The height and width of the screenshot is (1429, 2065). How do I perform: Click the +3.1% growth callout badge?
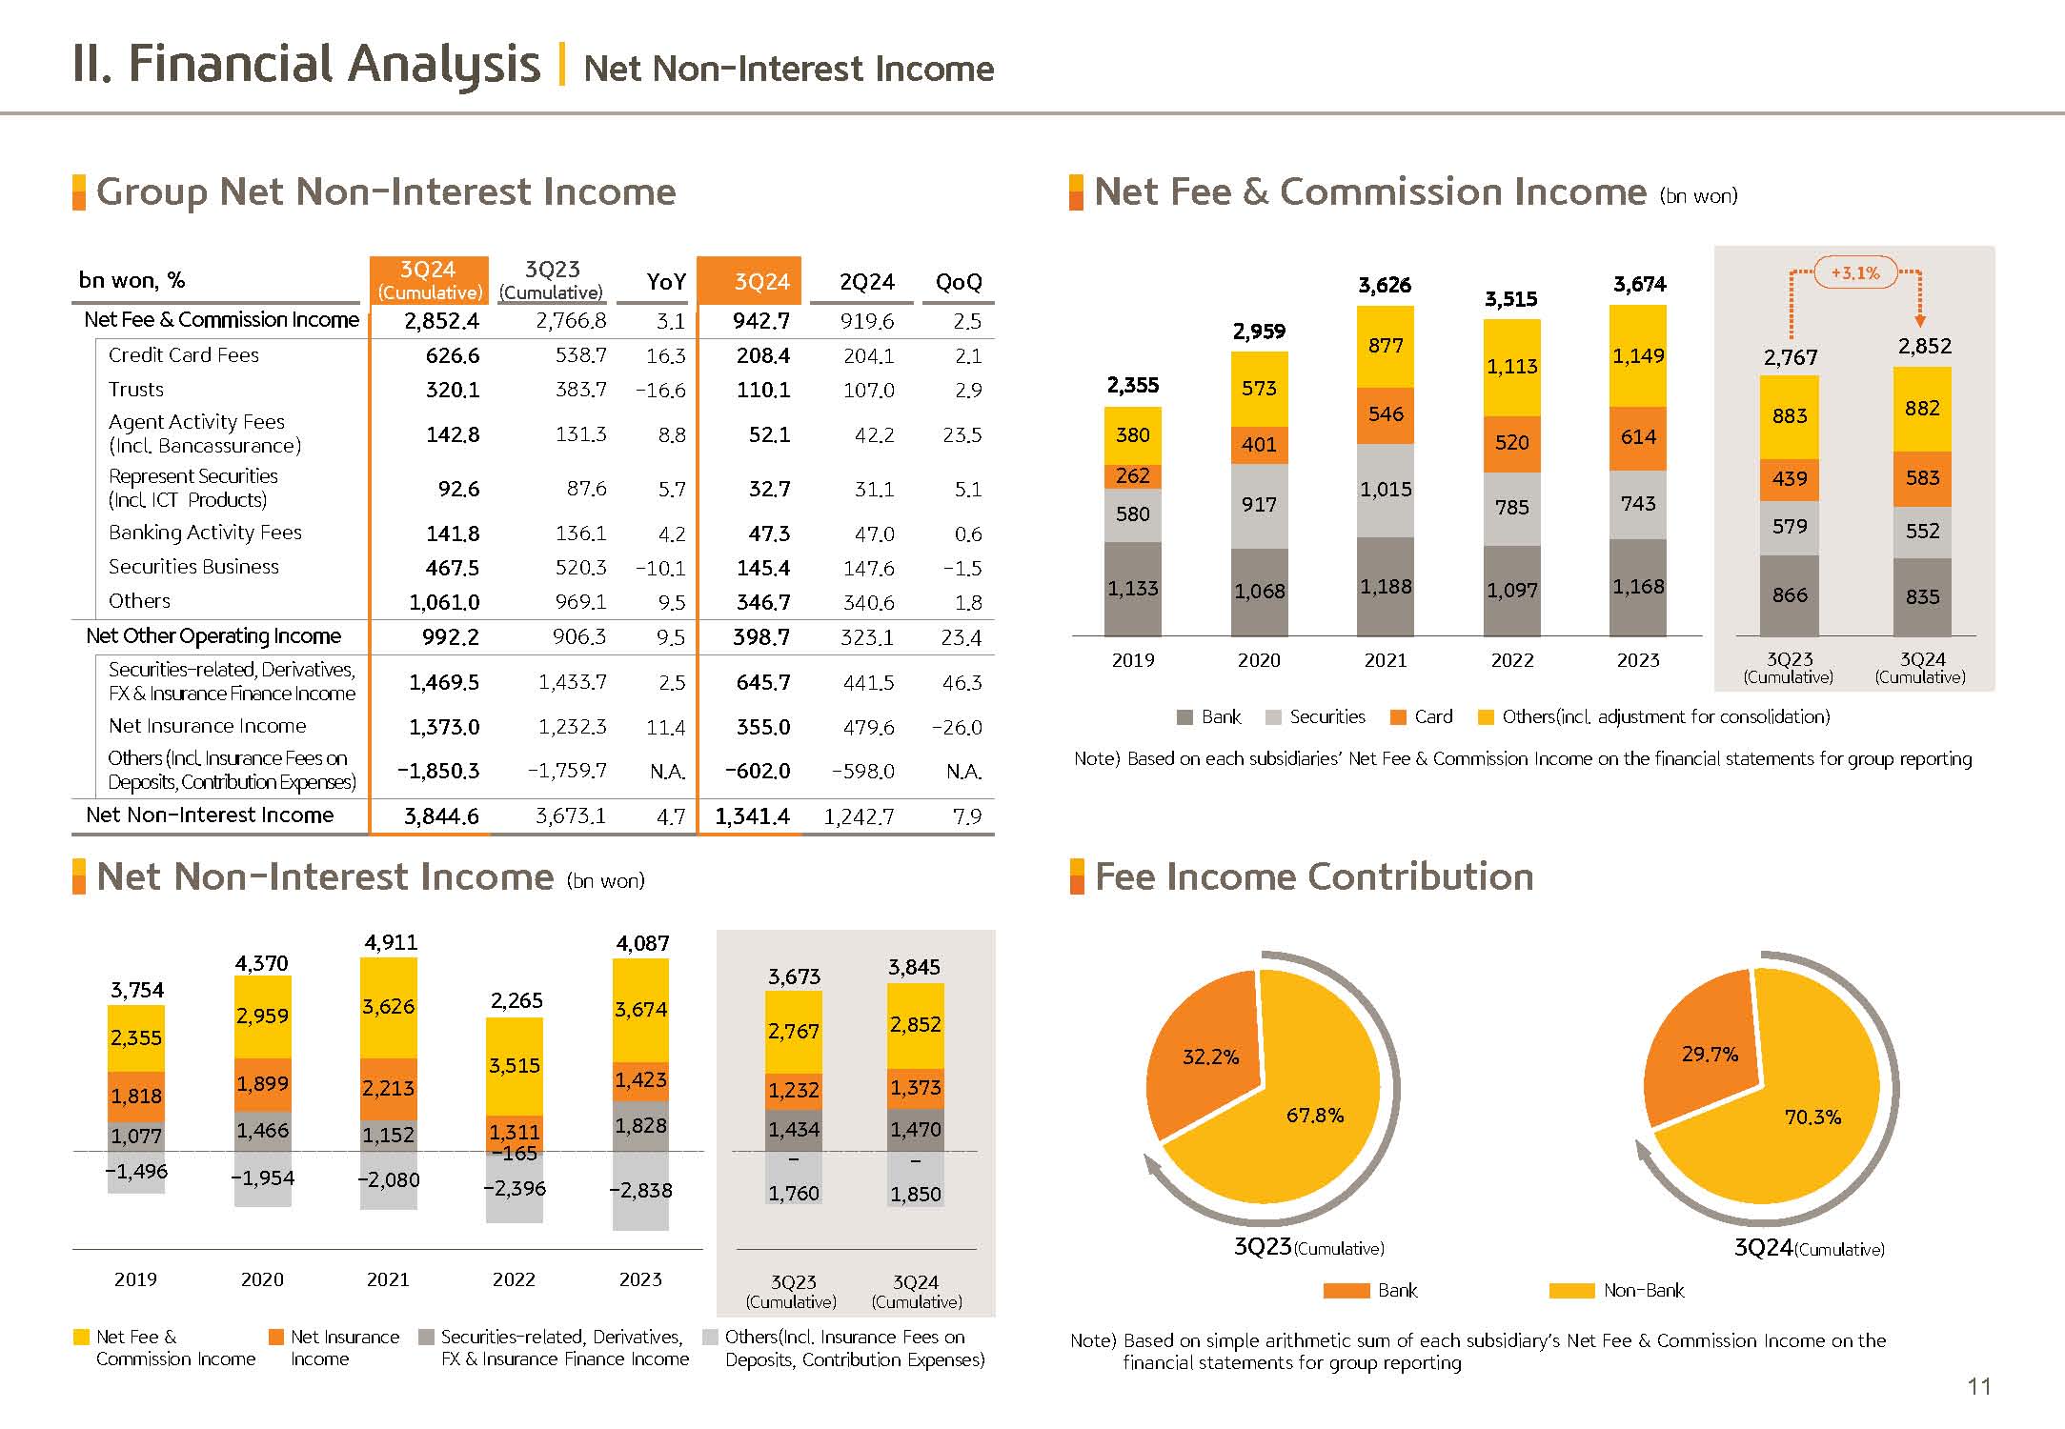[1854, 273]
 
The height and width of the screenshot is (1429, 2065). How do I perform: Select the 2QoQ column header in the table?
[958, 282]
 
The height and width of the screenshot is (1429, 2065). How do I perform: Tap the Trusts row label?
[136, 390]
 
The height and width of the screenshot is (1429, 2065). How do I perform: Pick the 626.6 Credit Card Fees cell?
[452, 356]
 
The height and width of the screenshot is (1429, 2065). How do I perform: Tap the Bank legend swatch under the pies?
[1346, 1291]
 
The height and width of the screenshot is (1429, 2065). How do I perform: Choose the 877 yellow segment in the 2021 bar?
[1385, 346]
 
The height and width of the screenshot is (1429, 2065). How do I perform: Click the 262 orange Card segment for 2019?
[1132, 475]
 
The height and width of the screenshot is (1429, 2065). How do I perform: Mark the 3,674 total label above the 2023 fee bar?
[1639, 284]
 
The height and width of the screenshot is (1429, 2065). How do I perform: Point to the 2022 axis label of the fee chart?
[1511, 660]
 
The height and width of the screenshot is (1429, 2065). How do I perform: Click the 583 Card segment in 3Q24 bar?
[1921, 478]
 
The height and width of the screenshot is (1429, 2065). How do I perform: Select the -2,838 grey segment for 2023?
[640, 1191]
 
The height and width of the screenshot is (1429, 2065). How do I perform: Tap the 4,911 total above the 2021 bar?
[390, 942]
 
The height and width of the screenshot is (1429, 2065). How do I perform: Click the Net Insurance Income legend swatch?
[276, 1338]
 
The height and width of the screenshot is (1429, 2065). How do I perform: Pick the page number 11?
[1978, 1387]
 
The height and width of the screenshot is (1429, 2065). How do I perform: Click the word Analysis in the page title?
[443, 65]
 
